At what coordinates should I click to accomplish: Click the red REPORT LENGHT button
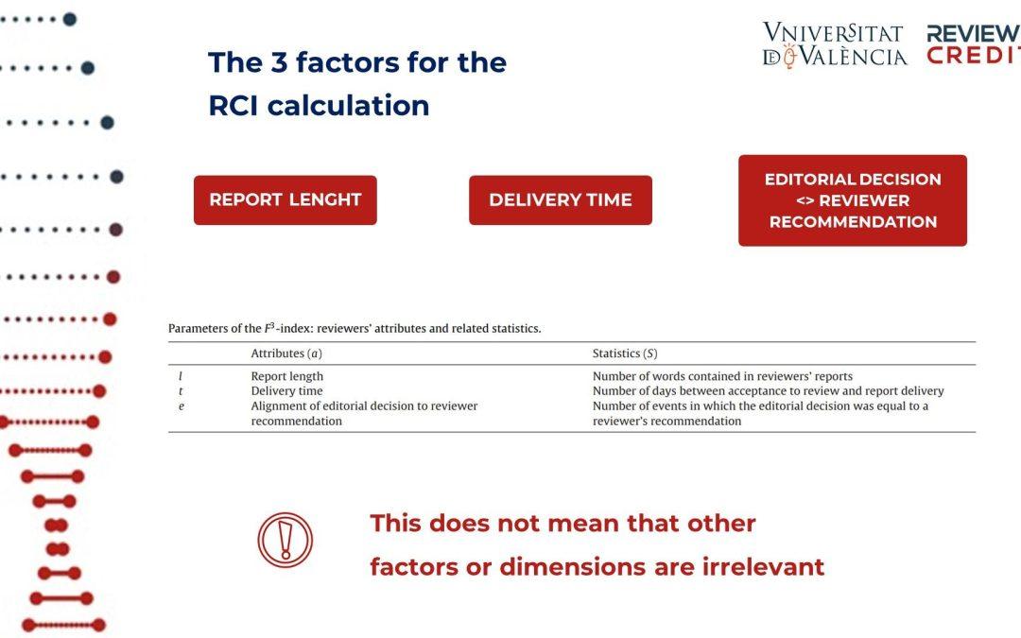click(x=286, y=199)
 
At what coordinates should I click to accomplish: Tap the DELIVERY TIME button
click(x=561, y=199)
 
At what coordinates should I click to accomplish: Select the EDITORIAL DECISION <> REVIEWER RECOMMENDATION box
click(x=853, y=200)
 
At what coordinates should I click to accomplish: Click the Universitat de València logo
click(x=835, y=45)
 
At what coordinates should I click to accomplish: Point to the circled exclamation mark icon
click(x=286, y=540)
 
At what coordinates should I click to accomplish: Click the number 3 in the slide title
click(x=279, y=62)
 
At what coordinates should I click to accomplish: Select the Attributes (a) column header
click(x=286, y=353)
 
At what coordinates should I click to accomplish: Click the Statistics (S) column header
click(x=625, y=353)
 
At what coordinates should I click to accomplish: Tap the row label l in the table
click(x=181, y=376)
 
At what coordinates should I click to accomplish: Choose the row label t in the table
click(x=181, y=391)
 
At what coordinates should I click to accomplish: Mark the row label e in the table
click(x=181, y=406)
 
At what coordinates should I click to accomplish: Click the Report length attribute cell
click(x=287, y=376)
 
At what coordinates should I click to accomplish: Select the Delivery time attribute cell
click(x=287, y=390)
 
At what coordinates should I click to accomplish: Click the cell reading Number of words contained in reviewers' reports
click(x=723, y=376)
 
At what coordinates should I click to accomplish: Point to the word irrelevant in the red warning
click(x=764, y=567)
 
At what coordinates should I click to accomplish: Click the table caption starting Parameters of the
click(x=355, y=328)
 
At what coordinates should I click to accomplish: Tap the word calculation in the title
click(x=348, y=106)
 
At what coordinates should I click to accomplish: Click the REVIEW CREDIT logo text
click(x=974, y=44)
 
